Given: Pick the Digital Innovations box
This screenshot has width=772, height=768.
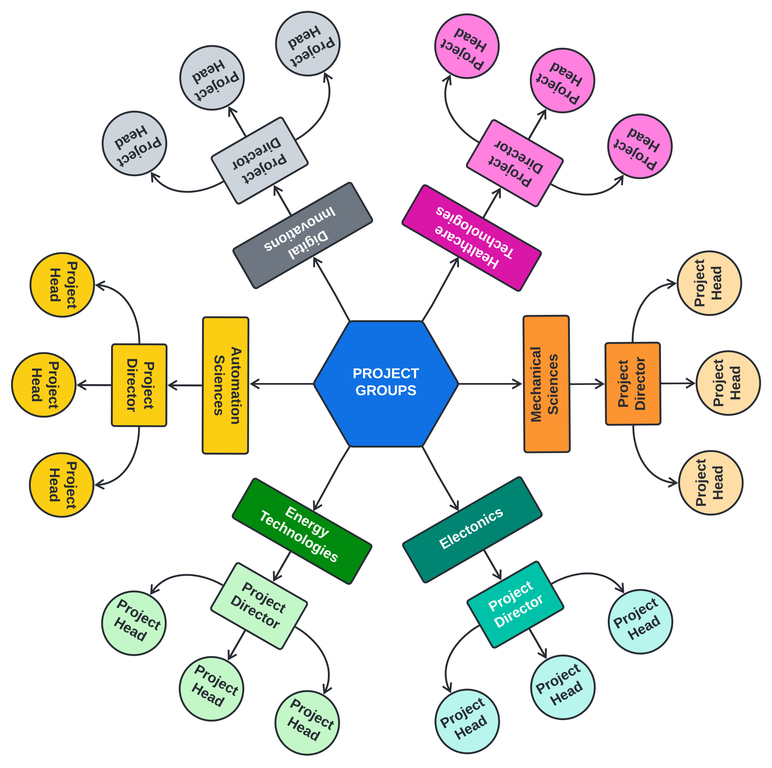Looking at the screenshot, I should coord(302,235).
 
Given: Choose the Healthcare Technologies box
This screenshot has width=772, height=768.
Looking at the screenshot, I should coord(472,238).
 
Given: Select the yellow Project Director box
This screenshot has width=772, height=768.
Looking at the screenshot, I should coord(139,385).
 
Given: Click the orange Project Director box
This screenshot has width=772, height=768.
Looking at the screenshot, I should coord(632,384).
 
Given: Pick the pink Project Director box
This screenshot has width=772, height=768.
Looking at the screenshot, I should coord(515,163).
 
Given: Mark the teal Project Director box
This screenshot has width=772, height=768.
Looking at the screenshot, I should coord(515,605).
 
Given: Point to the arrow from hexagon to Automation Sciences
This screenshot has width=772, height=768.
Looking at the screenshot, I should coord(282,384).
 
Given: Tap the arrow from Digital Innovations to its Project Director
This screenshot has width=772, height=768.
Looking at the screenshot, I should coord(282,200).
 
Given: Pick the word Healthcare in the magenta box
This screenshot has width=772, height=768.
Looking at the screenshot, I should coord(467,248).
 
